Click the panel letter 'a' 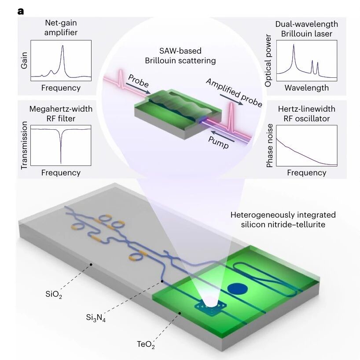pos(20,11)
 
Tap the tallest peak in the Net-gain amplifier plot pos(62,46)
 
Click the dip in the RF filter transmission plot pos(61,163)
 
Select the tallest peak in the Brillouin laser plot pos(294,45)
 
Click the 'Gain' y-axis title pos(24,60)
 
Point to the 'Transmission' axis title pos(24,145)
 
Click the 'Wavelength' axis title pos(307,88)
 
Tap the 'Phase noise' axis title pos(269,145)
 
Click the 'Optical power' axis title pos(268,61)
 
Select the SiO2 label pos(54,295)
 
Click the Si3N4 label pos(96,318)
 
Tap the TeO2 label pos(146,344)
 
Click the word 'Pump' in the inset pos(218,142)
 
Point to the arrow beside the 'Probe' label pos(138,88)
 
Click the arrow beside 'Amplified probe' pos(231,100)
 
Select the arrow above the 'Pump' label pos(223,136)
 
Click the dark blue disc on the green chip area pos(237,289)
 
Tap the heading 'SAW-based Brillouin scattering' pos(180,55)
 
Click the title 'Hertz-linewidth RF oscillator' pos(307,114)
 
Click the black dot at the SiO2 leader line pos(91,265)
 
